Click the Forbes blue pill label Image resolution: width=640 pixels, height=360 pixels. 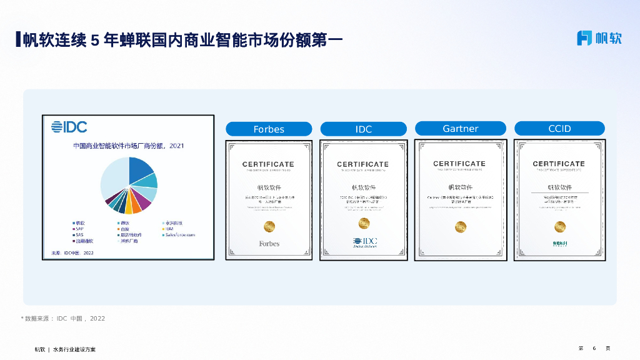[x=269, y=129]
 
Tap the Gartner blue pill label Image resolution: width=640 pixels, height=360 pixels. [x=461, y=129]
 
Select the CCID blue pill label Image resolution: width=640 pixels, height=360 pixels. [x=559, y=129]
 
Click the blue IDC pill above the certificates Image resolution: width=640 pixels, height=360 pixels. [x=364, y=129]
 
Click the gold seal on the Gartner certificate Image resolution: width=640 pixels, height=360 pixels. [x=461, y=225]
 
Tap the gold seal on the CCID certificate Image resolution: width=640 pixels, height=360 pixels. [x=559, y=226]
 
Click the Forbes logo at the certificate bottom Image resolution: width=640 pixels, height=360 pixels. [x=269, y=243]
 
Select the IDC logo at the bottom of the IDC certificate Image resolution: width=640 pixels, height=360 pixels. [x=364, y=242]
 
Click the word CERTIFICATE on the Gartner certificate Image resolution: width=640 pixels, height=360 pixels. [x=459, y=164]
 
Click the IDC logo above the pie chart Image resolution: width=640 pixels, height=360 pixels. [x=69, y=127]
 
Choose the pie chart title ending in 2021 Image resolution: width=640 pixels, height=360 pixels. [x=129, y=146]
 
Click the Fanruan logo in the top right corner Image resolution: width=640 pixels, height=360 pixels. [x=599, y=37]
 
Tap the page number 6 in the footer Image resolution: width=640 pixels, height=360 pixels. [x=594, y=348]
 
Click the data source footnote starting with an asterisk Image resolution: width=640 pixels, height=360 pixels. [x=63, y=319]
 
